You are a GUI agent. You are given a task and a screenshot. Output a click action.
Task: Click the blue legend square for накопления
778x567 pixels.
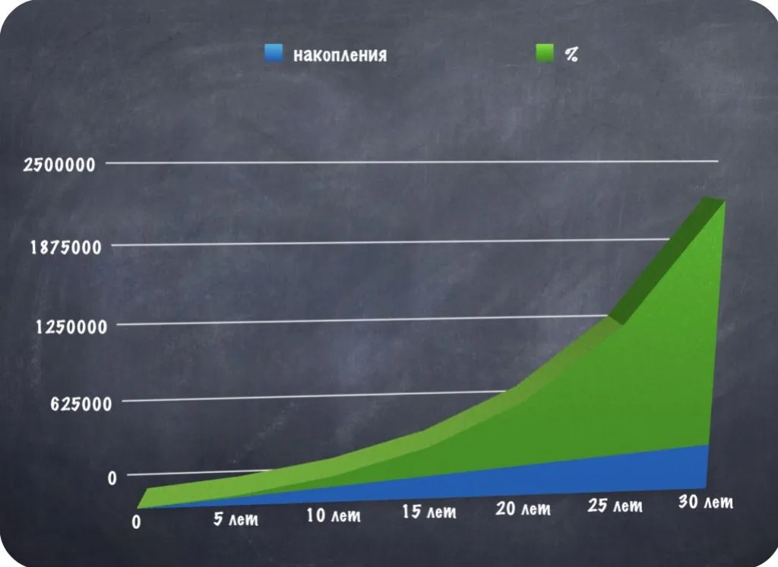274,53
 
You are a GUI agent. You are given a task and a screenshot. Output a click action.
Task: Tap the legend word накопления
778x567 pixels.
340,55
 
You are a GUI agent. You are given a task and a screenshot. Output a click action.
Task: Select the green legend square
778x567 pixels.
545,53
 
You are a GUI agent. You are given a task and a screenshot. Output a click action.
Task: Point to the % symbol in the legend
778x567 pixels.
571,55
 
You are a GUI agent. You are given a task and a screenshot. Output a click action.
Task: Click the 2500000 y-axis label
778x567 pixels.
59,164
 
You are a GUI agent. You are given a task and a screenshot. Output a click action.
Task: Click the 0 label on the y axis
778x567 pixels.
112,478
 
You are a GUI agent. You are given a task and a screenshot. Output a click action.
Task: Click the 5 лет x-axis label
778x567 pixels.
233,520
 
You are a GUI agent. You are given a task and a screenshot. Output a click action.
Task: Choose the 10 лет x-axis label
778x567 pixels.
334,516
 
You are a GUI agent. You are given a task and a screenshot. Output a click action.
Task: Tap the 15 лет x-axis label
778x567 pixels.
429,512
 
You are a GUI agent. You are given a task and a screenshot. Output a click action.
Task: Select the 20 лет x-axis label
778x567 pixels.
523,509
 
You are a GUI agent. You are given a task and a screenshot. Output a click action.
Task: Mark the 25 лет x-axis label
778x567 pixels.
615,506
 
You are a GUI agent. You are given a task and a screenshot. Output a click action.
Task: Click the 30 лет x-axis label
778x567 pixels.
705,502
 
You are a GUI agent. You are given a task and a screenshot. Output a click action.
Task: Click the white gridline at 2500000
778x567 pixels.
418,162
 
